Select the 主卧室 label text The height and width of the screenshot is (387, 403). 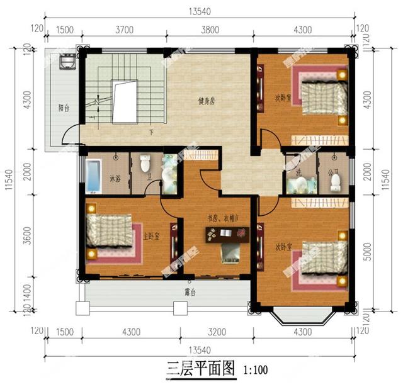pyautogui.click(x=151, y=236)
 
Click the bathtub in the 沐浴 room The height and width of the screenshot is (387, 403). pyautogui.click(x=93, y=176)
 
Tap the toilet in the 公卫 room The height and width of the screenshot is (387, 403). pyautogui.click(x=336, y=181)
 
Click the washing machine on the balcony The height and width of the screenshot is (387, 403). pyautogui.click(x=65, y=62)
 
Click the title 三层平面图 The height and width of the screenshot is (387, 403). pyautogui.click(x=200, y=367)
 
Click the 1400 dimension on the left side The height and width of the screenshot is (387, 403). pyautogui.click(x=26, y=291)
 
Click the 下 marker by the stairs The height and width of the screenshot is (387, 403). pyautogui.click(x=152, y=132)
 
